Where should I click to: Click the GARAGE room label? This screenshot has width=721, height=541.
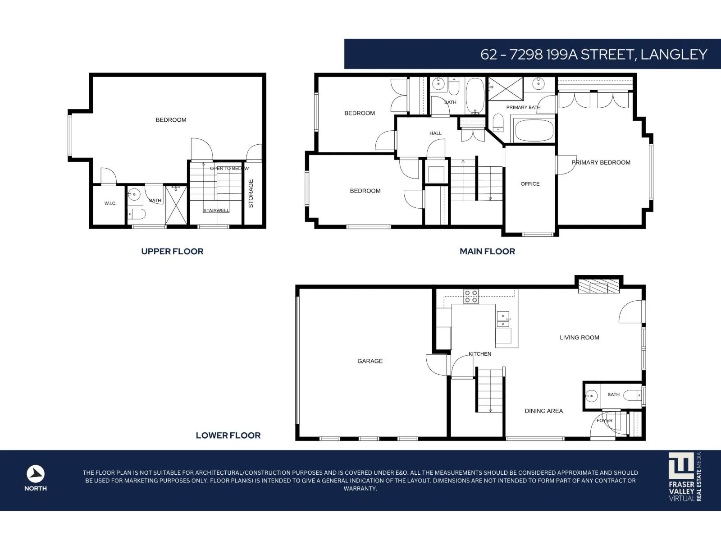(x=370, y=361)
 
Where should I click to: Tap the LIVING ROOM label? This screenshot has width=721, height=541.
(x=580, y=337)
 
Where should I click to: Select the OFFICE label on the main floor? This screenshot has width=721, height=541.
(x=530, y=184)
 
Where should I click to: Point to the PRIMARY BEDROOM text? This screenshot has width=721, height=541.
(x=601, y=162)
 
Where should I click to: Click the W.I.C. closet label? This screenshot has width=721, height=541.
(x=110, y=203)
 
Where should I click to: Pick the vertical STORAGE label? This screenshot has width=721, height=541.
(x=251, y=193)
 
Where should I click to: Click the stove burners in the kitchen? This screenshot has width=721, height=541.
(x=471, y=296)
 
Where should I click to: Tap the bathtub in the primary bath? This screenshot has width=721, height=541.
(x=534, y=130)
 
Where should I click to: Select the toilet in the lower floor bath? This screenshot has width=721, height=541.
(x=632, y=395)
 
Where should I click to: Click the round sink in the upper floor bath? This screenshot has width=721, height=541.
(x=134, y=194)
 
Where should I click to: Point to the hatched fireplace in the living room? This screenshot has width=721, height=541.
(x=598, y=286)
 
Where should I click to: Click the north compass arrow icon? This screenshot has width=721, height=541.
(x=36, y=474)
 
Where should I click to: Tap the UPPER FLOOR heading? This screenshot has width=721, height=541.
(x=172, y=252)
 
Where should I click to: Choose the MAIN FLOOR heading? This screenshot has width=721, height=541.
(x=487, y=252)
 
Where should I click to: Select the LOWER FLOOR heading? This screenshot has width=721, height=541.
(x=228, y=436)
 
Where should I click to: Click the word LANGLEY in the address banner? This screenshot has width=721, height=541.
(x=674, y=55)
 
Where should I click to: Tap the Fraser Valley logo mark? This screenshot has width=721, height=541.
(x=681, y=466)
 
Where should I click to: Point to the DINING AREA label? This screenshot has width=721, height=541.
(x=543, y=411)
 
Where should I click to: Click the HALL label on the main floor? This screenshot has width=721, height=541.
(x=436, y=133)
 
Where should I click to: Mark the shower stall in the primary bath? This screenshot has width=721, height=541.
(x=506, y=89)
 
